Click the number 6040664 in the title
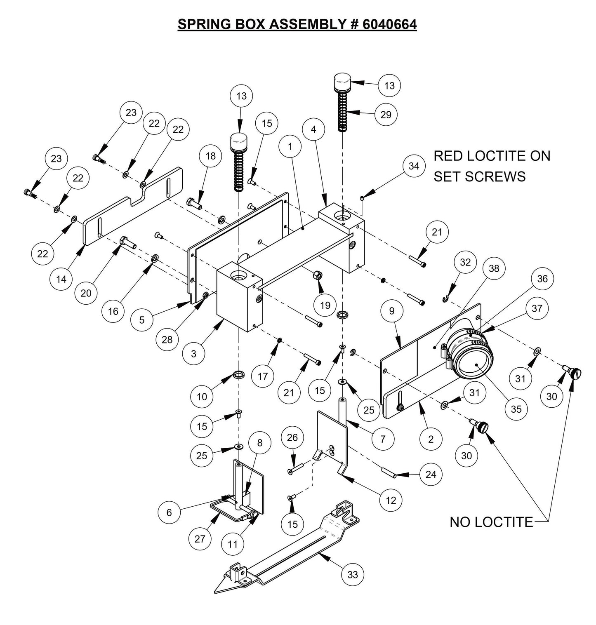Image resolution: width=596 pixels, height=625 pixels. (390, 24)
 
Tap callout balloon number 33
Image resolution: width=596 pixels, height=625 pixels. (353, 574)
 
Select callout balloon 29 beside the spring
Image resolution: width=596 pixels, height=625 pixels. (386, 114)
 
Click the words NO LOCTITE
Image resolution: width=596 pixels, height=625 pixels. (491, 522)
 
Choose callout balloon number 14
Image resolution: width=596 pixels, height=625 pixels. (61, 279)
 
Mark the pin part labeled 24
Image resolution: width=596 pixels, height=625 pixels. (388, 473)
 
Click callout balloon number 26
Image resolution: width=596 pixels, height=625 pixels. (292, 437)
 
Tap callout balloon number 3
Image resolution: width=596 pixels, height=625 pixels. (194, 353)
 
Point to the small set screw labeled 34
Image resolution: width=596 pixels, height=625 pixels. (362, 199)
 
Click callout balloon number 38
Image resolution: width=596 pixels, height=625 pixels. (494, 268)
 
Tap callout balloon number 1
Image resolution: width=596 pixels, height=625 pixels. (290, 147)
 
